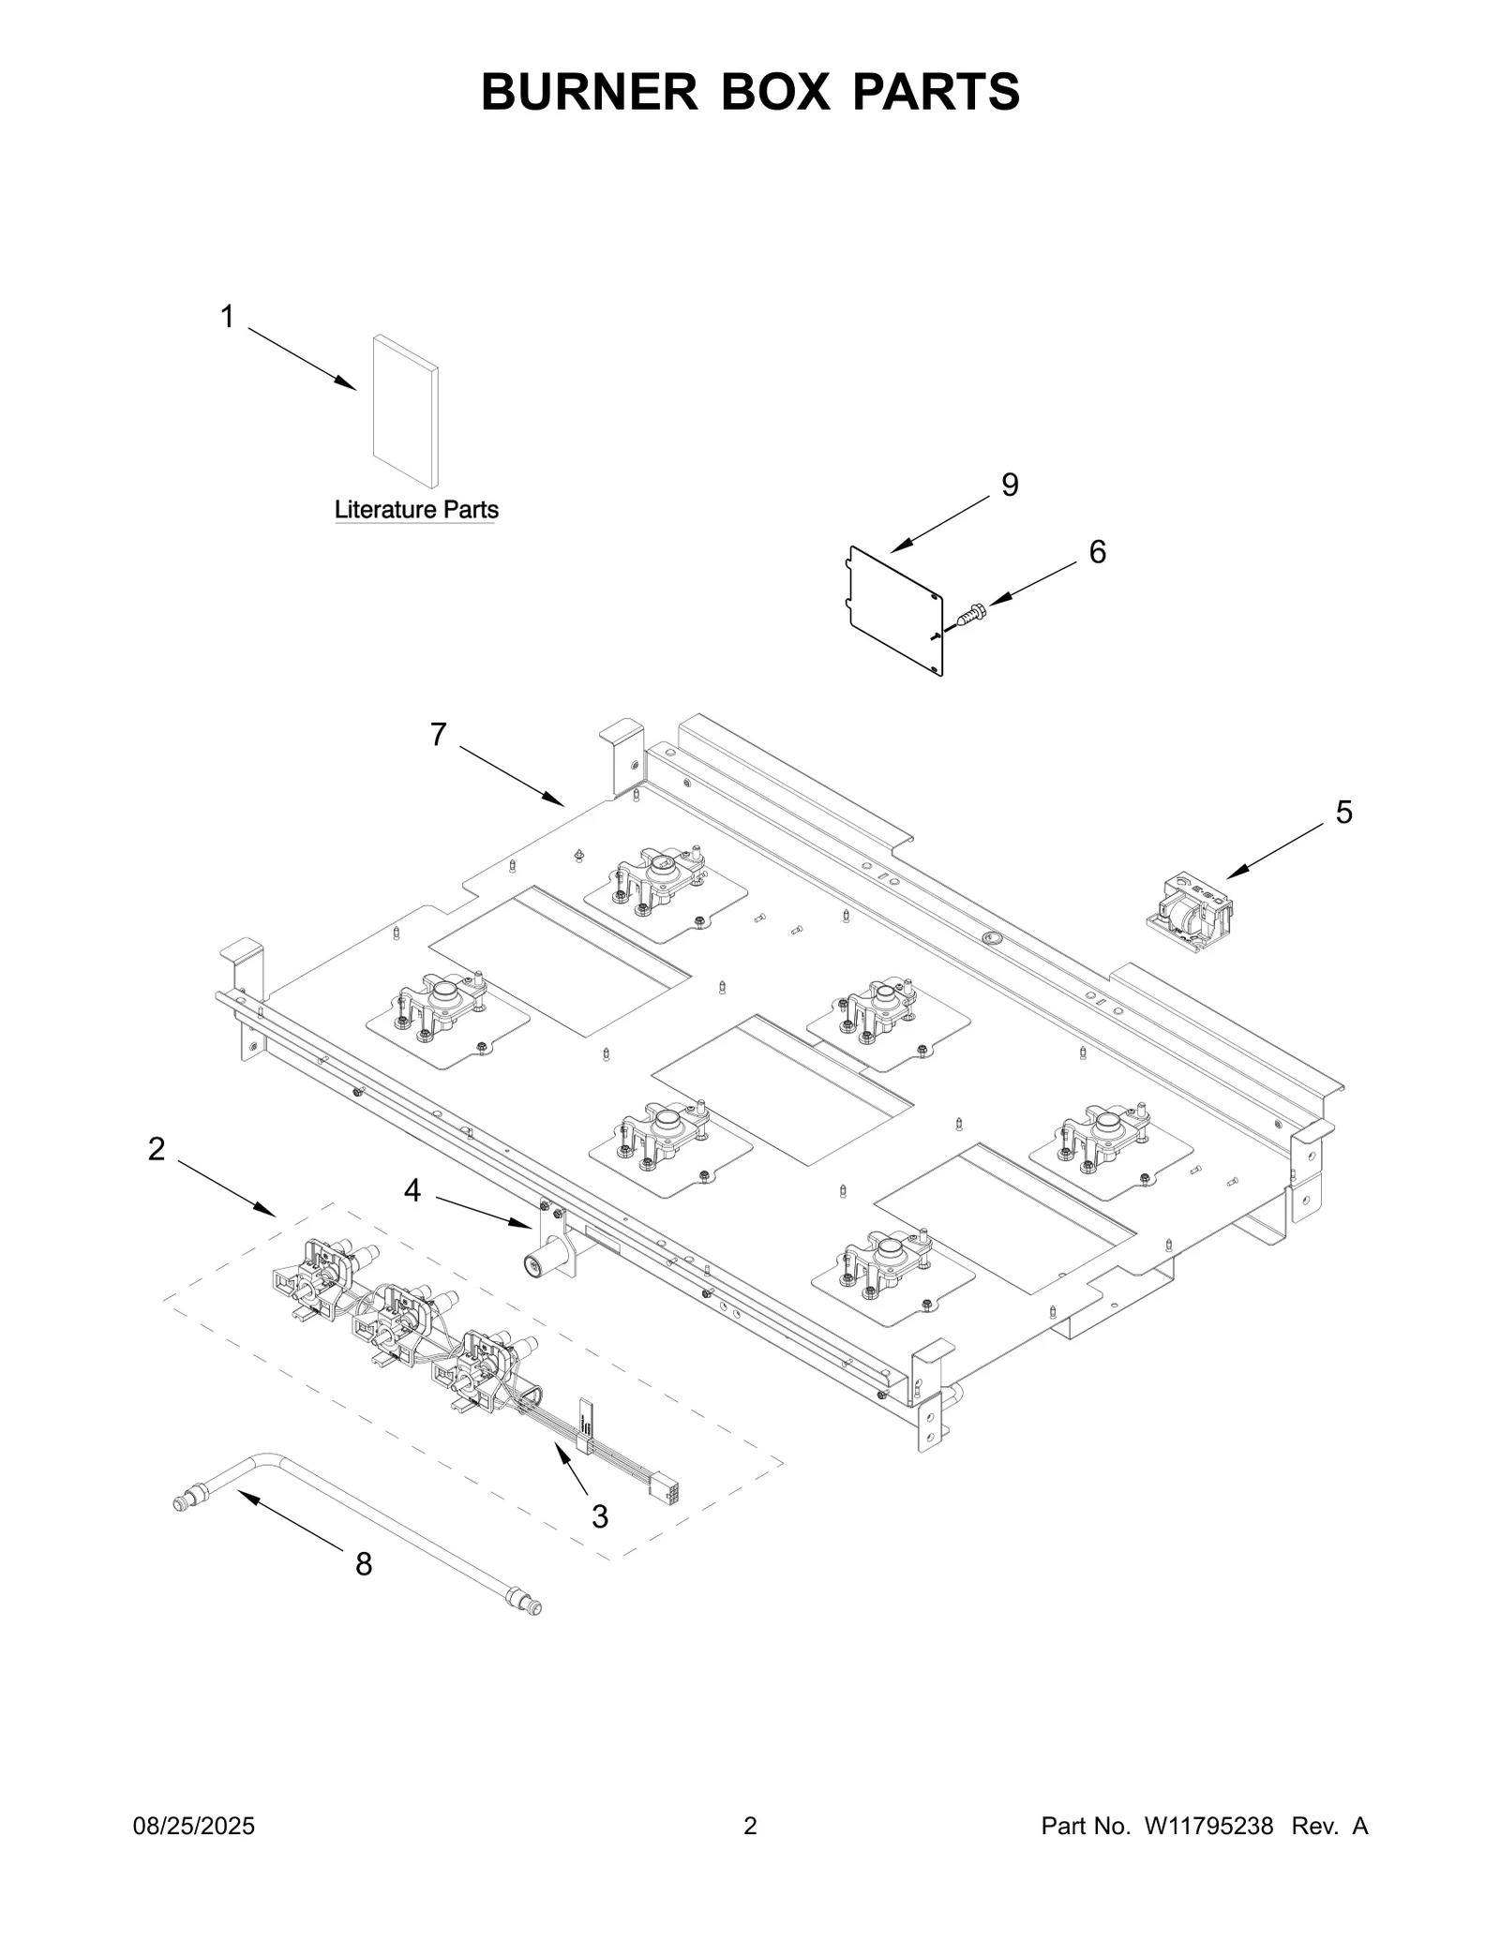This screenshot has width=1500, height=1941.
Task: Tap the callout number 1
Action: (227, 317)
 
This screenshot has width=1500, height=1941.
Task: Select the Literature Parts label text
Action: (416, 510)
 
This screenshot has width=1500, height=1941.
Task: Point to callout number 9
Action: (1010, 485)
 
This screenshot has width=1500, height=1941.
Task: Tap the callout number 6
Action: (1097, 552)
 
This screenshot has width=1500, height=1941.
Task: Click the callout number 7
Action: (439, 735)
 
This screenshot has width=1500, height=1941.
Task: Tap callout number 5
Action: (1343, 812)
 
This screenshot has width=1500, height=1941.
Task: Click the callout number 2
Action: (157, 1148)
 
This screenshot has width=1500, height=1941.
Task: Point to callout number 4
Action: (412, 1190)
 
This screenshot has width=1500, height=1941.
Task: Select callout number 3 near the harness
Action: (600, 1515)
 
